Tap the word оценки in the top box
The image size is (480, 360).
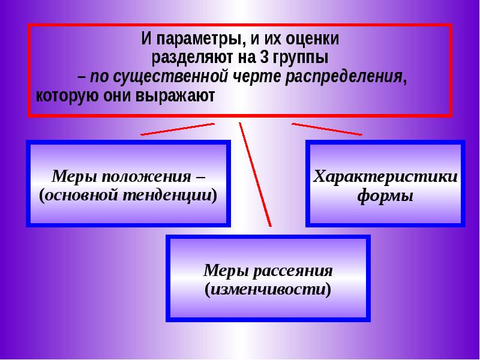pyautogui.click(x=313, y=41)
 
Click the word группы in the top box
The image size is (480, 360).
pyautogui.click(x=303, y=59)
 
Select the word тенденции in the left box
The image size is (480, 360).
pyautogui.click(x=175, y=196)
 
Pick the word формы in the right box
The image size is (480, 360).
pyautogui.click(x=385, y=196)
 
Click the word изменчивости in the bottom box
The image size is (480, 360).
pyautogui.click(x=268, y=289)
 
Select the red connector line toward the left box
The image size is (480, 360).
pyautogui.click(x=178, y=129)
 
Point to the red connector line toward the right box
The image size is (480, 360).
pyautogui.click(x=327, y=129)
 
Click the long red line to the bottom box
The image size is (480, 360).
pyautogui.click(x=254, y=174)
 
